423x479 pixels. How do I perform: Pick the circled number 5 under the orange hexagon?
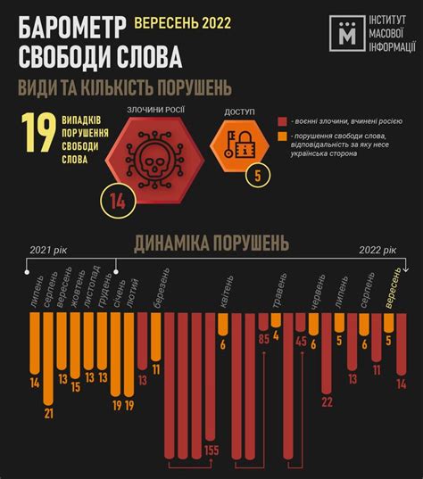tap(258, 175)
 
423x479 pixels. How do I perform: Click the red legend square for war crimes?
tap(281, 121)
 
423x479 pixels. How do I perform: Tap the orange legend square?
tap(281, 136)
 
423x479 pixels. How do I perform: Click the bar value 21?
tap(49, 413)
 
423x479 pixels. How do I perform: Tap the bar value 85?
tap(263, 339)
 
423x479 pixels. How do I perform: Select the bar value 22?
tap(327, 402)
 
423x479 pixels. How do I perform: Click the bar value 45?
tap(301, 340)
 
